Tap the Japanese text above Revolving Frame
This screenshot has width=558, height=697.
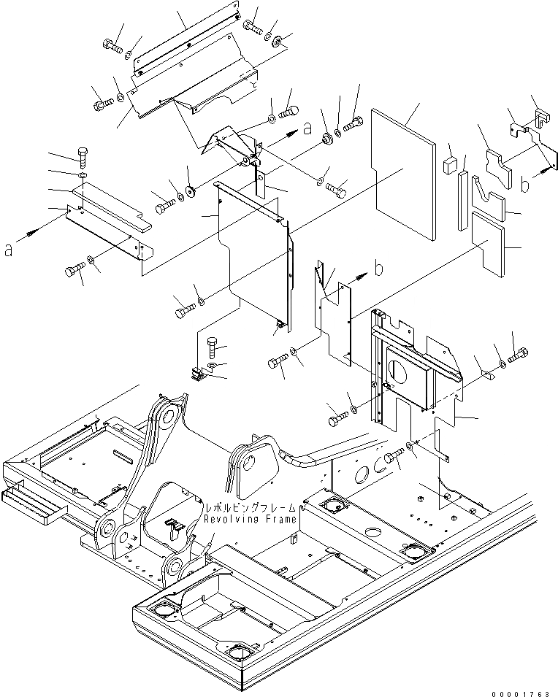(251, 507)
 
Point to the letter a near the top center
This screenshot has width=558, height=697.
(308, 128)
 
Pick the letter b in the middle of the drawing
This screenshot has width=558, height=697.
(378, 269)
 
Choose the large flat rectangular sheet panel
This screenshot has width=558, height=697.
(403, 174)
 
